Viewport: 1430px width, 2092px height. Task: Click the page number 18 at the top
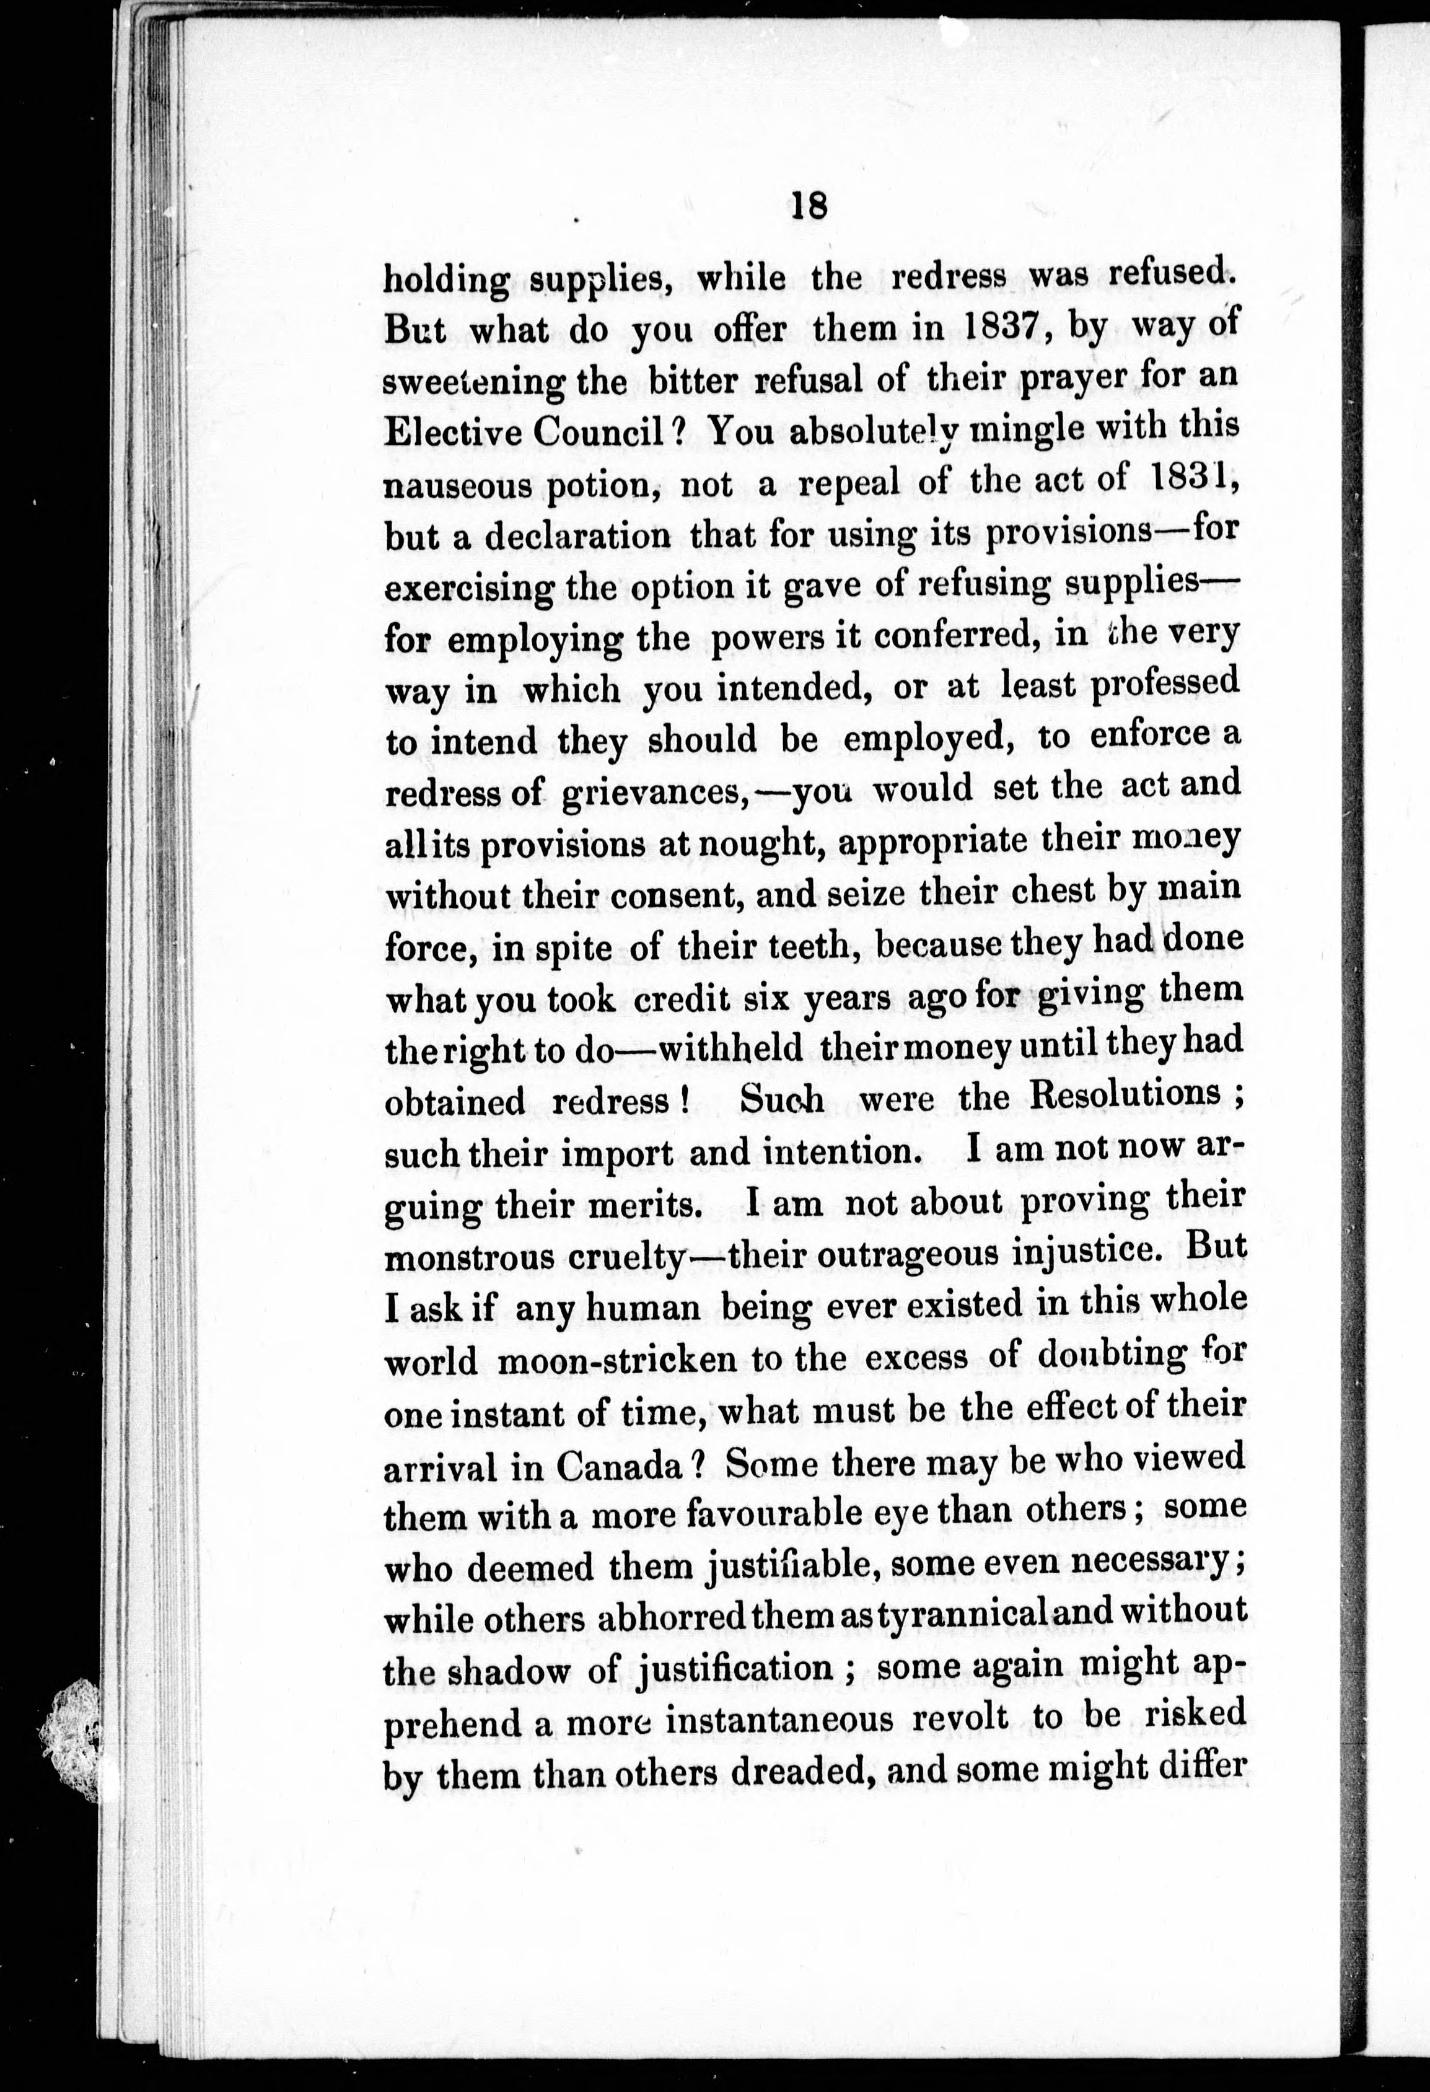click(807, 206)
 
